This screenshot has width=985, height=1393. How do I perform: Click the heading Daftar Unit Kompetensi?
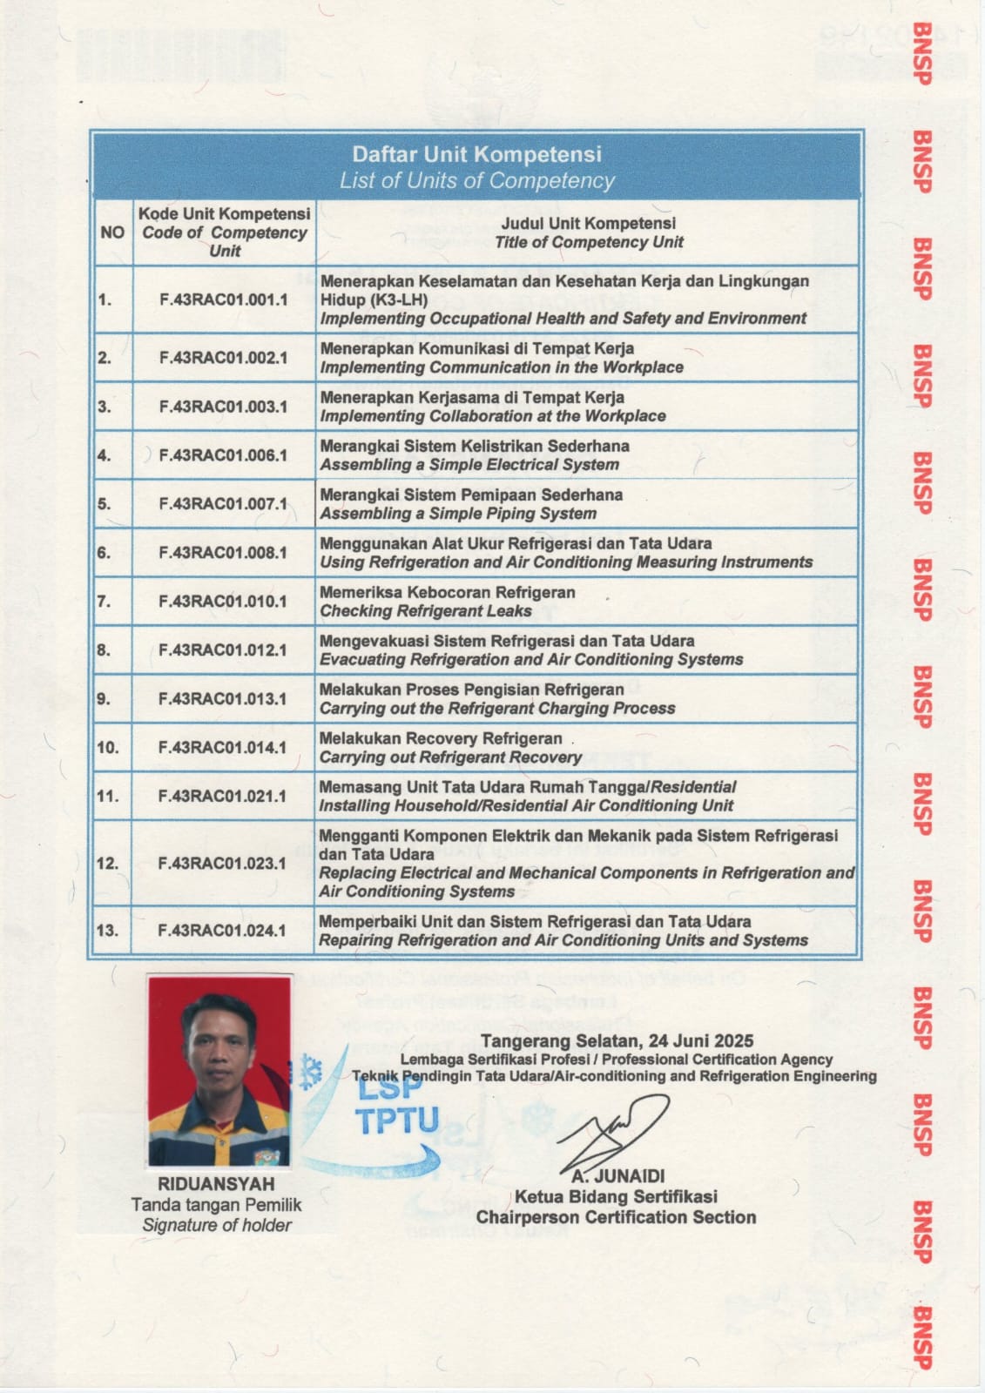[476, 155]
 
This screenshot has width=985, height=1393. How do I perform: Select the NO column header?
[112, 232]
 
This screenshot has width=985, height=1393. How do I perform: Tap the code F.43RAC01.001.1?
[223, 299]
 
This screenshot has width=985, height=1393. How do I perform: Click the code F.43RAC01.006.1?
[223, 455]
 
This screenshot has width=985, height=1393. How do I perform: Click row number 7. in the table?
[105, 601]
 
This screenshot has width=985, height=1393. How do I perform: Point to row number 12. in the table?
[107, 864]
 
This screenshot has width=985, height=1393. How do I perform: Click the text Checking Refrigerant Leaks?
[425, 611]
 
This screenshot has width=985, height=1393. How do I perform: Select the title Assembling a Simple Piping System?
[458, 514]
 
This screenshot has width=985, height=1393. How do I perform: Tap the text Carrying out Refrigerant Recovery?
[449, 757]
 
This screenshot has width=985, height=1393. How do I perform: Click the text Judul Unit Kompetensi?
[588, 223]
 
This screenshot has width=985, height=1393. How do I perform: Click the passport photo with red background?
[219, 1072]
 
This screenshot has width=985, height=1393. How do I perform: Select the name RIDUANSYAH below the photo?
[216, 1184]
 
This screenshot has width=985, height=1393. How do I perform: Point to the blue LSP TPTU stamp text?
[396, 1105]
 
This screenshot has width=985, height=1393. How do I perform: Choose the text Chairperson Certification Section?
[616, 1217]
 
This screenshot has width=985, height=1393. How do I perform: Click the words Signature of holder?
[217, 1225]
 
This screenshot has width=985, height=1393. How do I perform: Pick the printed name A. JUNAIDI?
[618, 1176]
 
